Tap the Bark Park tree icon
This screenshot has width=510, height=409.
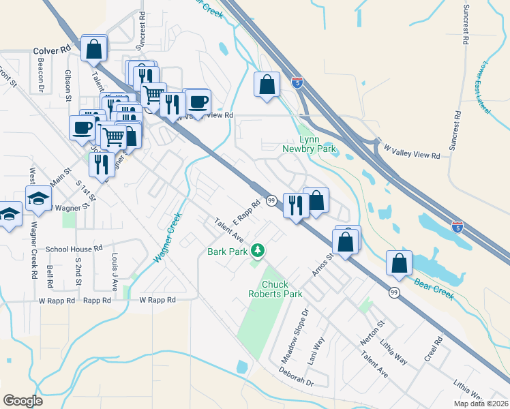coord(258,252)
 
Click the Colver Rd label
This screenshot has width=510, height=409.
coord(52,50)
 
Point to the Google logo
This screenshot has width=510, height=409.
coord(22,401)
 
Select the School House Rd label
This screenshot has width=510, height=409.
coord(74,249)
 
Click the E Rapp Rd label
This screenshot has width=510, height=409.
coord(247,213)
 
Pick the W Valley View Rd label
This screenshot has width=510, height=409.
coord(411,151)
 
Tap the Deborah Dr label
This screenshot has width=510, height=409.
coord(295,378)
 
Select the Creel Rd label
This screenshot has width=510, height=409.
coord(434,350)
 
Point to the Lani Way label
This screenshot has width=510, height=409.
coord(316,350)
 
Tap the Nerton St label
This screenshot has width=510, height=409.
coord(376,333)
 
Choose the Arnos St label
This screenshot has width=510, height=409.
coord(322,263)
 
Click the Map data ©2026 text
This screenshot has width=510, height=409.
coord(481,404)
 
